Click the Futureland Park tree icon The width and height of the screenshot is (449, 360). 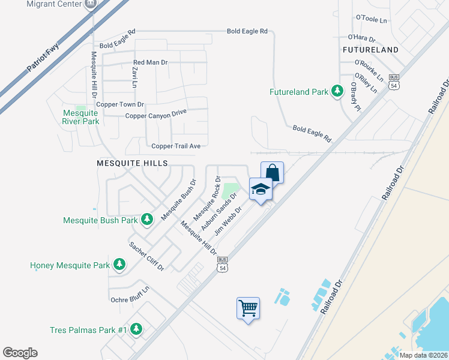pyautogui.click(x=337, y=91)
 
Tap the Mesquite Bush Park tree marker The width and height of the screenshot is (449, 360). pyautogui.click(x=146, y=220)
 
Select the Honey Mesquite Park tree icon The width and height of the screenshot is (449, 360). pyautogui.click(x=119, y=264)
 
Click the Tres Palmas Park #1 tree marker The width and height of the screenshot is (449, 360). pyautogui.click(x=136, y=329)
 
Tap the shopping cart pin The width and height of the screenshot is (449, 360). pyautogui.click(x=248, y=308)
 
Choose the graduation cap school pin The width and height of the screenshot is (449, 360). pyautogui.click(x=261, y=189)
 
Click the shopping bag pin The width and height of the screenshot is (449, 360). pyautogui.click(x=272, y=172)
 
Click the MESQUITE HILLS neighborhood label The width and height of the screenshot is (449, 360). pyautogui.click(x=123, y=163)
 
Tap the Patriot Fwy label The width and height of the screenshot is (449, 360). pyautogui.click(x=46, y=58)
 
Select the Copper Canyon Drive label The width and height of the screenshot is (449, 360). pyautogui.click(x=155, y=113)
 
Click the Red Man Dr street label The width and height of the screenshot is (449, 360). pyautogui.click(x=150, y=62)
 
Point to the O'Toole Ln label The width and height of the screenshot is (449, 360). pyautogui.click(x=372, y=20)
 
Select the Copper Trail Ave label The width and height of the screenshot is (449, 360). pyautogui.click(x=176, y=146)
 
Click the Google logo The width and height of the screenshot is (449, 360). pyautogui.click(x=20, y=353)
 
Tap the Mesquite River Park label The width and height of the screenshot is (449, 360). pyautogui.click(x=80, y=117)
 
